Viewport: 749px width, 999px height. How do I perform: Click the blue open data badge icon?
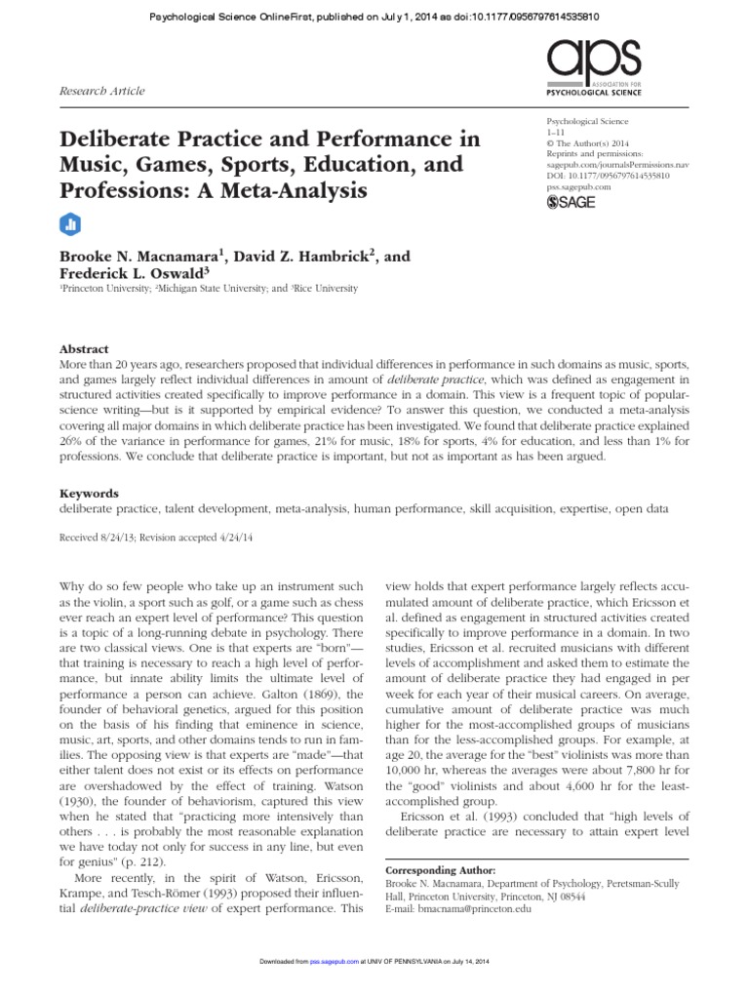pyautogui.click(x=69, y=223)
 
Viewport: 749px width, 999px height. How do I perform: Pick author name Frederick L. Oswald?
pyautogui.click(x=132, y=274)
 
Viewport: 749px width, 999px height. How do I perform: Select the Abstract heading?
pyautogui.click(x=84, y=349)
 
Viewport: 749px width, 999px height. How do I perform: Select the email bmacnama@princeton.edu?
pyautogui.click(x=472, y=909)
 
